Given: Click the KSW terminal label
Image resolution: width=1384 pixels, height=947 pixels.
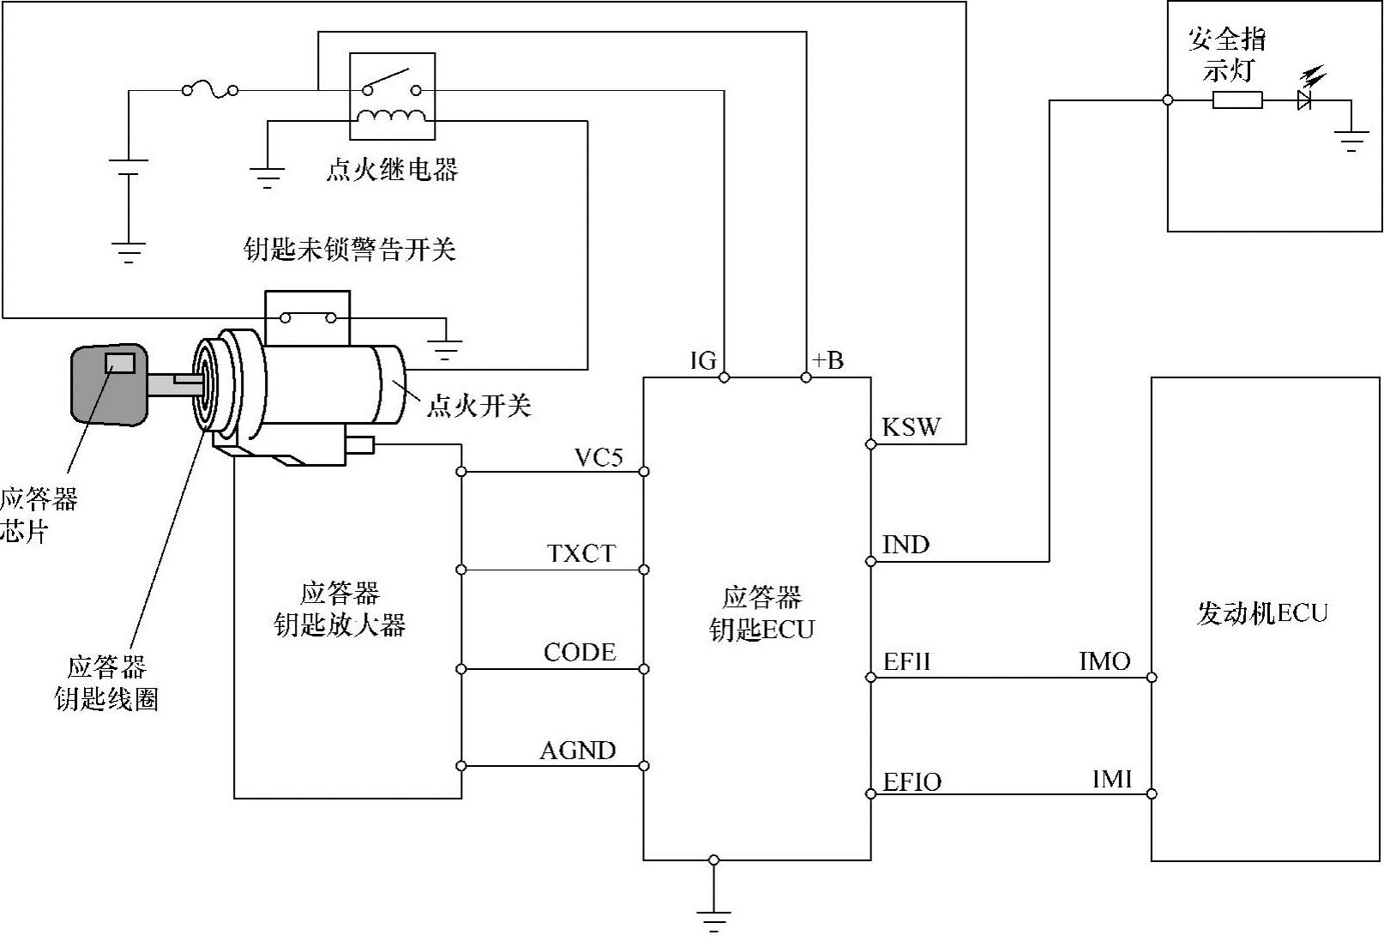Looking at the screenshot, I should pyautogui.click(x=911, y=427).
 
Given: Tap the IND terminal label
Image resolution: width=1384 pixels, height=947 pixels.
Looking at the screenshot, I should pyautogui.click(x=906, y=545).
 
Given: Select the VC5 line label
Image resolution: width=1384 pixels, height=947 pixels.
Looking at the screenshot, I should pyautogui.click(x=598, y=457).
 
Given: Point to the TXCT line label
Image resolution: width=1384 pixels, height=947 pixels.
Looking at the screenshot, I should pyautogui.click(x=581, y=554).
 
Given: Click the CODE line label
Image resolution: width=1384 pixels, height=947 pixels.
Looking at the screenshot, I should pyautogui.click(x=580, y=653).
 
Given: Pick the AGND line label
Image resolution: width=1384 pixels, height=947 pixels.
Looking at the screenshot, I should pyautogui.click(x=578, y=751).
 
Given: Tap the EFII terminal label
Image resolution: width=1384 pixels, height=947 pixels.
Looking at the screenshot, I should pyautogui.click(x=906, y=662).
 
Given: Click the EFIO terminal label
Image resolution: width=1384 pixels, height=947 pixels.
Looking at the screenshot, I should pyautogui.click(x=912, y=781).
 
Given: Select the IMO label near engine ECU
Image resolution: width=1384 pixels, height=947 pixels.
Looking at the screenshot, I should pyautogui.click(x=1104, y=661).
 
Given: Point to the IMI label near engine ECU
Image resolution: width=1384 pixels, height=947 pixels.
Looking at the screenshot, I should pyautogui.click(x=1112, y=780).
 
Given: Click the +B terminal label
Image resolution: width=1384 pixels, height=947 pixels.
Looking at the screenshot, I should pyautogui.click(x=827, y=360).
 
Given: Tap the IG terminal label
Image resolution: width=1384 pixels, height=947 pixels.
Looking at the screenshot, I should pyautogui.click(x=702, y=361).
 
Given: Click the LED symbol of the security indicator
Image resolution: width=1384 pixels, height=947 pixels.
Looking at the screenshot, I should pyautogui.click(x=1306, y=98).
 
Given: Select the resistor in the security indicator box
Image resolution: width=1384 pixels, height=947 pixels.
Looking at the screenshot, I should pyautogui.click(x=1237, y=100).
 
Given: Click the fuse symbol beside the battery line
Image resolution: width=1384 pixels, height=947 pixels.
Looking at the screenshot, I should pyautogui.click(x=209, y=88).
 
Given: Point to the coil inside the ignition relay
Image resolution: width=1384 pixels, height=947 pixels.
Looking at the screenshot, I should pyautogui.click(x=391, y=118).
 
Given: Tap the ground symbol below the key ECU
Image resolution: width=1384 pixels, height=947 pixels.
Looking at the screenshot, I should pyautogui.click(x=713, y=919).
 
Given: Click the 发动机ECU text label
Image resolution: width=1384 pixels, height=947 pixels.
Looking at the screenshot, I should pyautogui.click(x=1261, y=613).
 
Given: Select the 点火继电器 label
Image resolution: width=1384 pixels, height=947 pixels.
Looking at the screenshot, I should pyautogui.click(x=392, y=170).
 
